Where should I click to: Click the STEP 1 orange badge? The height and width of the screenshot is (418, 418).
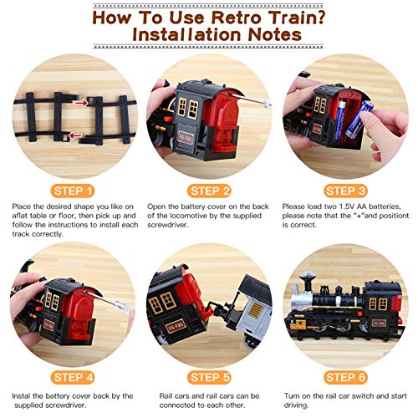tap(71, 190)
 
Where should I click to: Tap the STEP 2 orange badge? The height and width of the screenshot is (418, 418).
tap(209, 190)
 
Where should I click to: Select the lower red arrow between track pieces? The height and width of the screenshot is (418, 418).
tap(75, 135)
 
